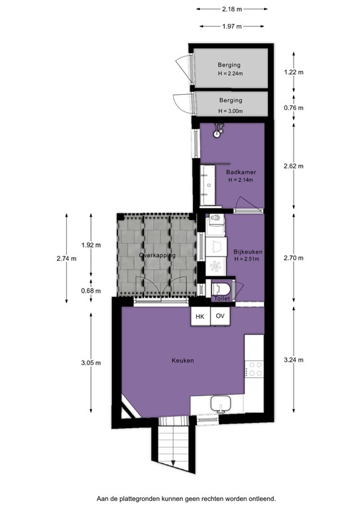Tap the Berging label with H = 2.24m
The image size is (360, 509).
[229, 68]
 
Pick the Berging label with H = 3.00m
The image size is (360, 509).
[229, 105]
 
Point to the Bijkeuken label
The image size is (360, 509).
[249, 254]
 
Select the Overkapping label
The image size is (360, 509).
[157, 255]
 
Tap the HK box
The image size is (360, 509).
[200, 317]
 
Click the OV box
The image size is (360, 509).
[220, 317]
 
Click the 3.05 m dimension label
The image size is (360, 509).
[91, 363]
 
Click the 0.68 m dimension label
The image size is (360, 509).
[91, 291]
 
